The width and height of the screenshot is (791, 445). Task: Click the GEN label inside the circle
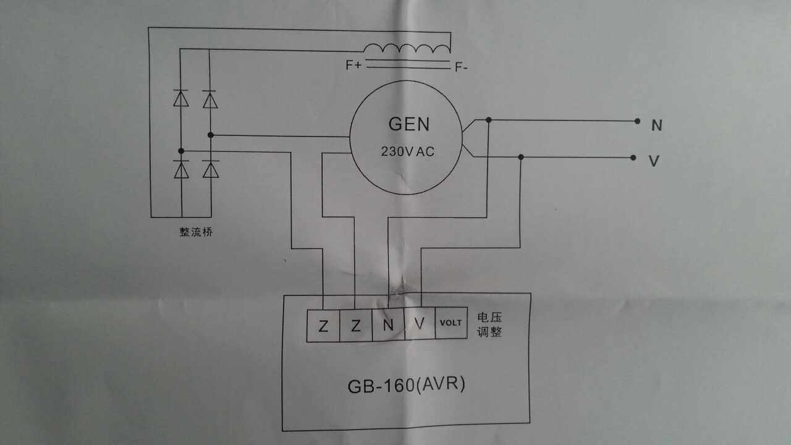[x=408, y=124]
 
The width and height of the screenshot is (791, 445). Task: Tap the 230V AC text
[x=408, y=151]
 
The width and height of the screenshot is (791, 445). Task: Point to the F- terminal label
[x=461, y=67]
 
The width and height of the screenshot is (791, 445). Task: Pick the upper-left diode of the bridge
[x=181, y=98]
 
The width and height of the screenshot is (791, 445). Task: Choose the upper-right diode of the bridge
[x=210, y=99]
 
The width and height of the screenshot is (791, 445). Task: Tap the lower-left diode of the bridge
[x=181, y=169]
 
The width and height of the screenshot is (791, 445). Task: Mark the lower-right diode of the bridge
[x=211, y=169]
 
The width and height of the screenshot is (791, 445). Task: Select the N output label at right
[x=656, y=125]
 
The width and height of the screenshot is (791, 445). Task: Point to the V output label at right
[x=653, y=161]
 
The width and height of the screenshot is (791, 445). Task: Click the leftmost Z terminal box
[x=323, y=325]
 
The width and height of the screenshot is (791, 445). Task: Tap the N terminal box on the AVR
[x=387, y=325]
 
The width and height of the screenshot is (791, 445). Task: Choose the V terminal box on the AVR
[x=420, y=324]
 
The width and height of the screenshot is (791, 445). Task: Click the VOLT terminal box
[x=450, y=323]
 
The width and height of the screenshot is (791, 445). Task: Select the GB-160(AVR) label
[x=406, y=385]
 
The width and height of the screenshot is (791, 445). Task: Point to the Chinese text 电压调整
[x=489, y=324]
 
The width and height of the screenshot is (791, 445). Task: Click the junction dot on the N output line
[x=489, y=120]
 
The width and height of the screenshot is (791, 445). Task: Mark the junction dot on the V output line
[x=521, y=157]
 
